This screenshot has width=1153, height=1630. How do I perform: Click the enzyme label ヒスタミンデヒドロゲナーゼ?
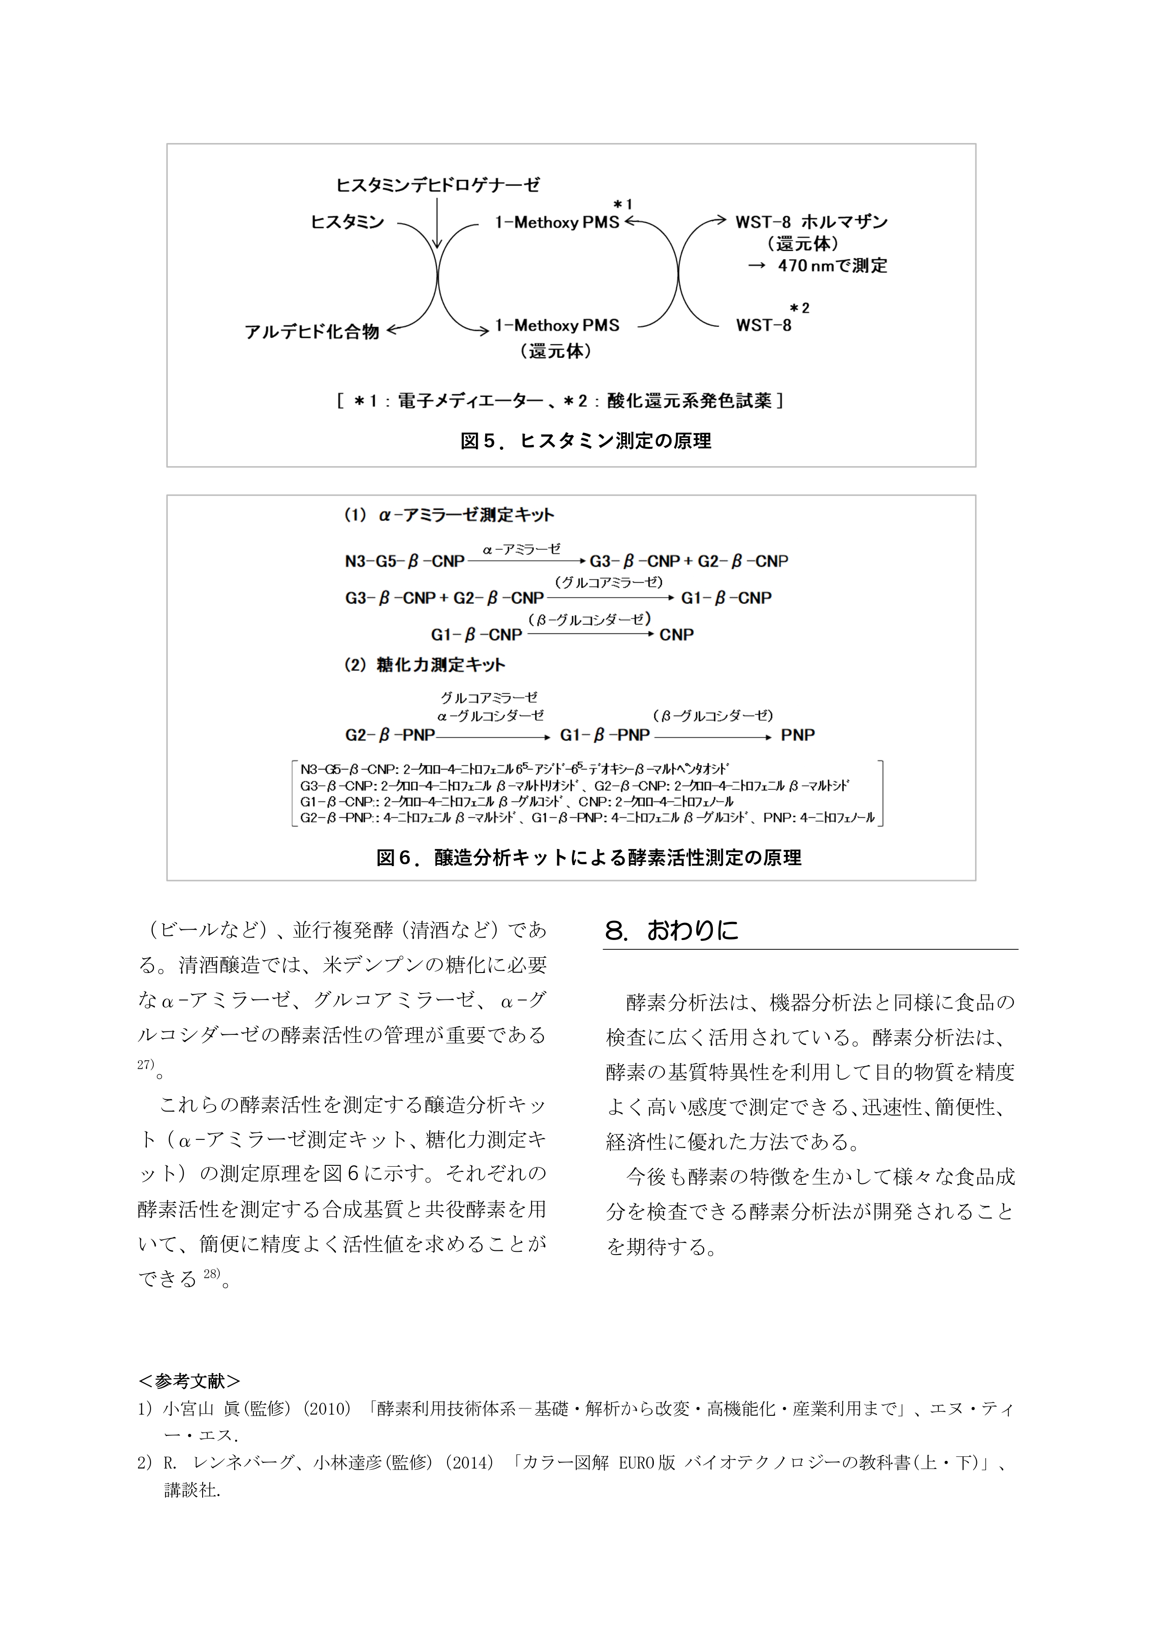coord(437,185)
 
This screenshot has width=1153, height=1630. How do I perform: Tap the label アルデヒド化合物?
coord(312,332)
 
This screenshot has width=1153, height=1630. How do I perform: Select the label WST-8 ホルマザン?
coord(811,222)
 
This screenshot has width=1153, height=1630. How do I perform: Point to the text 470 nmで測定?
coord(832,265)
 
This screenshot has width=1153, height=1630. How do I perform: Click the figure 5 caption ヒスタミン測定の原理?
coord(586,441)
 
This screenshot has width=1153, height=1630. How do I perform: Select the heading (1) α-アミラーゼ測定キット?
coord(449,515)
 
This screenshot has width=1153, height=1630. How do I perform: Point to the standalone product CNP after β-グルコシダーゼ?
coord(676,635)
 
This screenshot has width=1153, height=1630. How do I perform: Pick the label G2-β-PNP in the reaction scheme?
coord(390,736)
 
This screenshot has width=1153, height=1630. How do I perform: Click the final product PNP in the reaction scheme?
coord(797,736)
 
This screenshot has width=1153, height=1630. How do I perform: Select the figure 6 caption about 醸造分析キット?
coord(588,858)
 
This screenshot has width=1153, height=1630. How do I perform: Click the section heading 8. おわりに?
coord(672,930)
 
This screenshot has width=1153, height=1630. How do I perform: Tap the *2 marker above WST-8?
coord(799,308)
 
